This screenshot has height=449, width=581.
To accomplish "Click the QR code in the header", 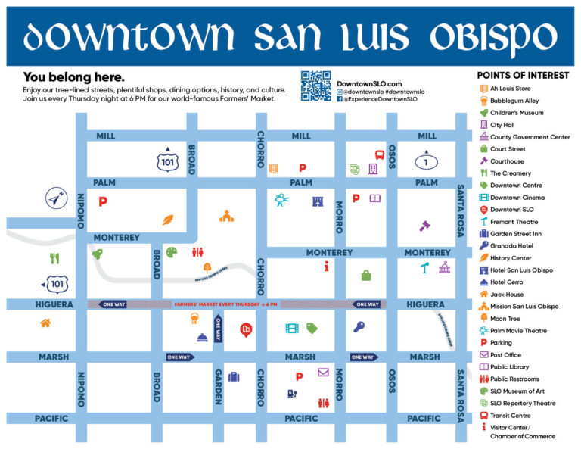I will coord(315,86).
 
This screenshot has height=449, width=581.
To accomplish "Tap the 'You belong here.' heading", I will coord(73,76).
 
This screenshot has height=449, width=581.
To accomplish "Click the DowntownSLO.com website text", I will coord(369,83).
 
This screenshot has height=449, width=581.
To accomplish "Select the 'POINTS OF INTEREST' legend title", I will coord(523,76).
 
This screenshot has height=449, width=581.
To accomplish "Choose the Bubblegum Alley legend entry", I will coord(514,101).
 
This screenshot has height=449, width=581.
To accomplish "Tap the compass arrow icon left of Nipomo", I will coord(55,198).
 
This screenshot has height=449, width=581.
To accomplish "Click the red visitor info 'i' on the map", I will coord(325,266).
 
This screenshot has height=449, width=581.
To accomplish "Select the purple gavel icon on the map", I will coord(424,225).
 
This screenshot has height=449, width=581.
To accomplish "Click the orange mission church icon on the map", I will coord(226,217).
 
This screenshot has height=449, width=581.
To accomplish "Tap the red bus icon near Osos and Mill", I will coord(379,154).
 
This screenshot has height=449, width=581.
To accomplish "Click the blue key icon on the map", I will coord(359,327).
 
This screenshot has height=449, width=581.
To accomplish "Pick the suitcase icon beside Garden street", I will coord(234,376).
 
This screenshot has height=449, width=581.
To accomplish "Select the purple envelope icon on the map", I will coord(323,372).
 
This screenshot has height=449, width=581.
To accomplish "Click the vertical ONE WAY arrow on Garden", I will coord(218,329).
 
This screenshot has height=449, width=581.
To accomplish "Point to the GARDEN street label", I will coord(218,386).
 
